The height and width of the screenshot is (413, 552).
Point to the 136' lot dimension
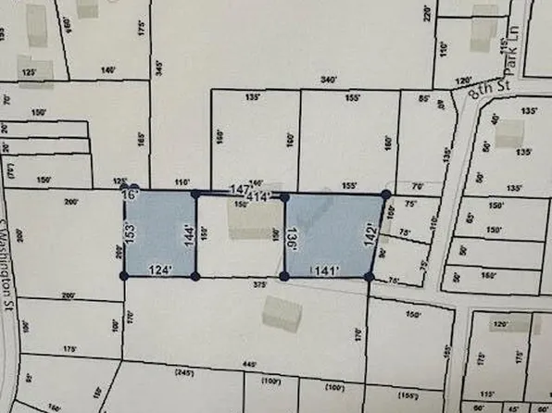(x=293, y=235)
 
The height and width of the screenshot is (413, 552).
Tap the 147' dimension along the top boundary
(x=240, y=189)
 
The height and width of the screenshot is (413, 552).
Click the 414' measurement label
(x=258, y=197)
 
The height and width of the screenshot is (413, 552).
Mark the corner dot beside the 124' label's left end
(x=125, y=275)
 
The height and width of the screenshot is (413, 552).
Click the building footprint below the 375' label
(x=281, y=315)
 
